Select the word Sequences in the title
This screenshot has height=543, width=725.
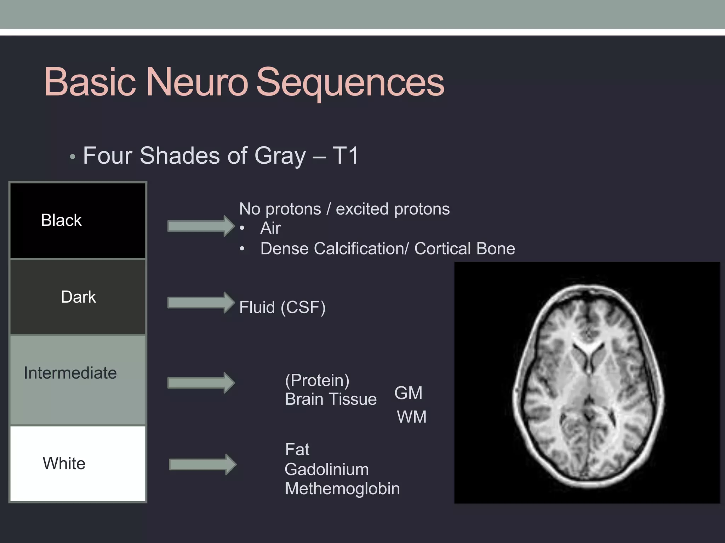[x=350, y=82]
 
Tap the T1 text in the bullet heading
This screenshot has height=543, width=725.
[x=346, y=156]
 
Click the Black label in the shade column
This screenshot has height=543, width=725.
[x=61, y=220]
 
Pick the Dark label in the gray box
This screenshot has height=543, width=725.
[x=78, y=297]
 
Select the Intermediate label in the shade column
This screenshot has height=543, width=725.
[x=70, y=373]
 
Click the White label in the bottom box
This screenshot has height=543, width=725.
[x=64, y=463]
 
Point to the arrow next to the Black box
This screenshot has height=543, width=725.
[x=201, y=226]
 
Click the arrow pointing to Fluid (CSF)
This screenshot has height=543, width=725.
[x=201, y=303]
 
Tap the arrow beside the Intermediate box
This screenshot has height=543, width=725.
[x=201, y=383]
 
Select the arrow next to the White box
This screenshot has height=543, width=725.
[x=202, y=464]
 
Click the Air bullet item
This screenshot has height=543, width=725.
[x=270, y=228]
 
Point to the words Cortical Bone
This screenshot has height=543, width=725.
[x=464, y=249]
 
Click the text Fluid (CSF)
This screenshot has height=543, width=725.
[x=282, y=307]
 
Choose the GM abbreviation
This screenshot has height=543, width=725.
[x=408, y=393]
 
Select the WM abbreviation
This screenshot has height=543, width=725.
[x=411, y=417]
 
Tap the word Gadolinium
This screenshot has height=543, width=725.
[x=326, y=469]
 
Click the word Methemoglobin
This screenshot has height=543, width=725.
[x=342, y=489]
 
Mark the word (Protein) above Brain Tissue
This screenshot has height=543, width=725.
[x=317, y=380]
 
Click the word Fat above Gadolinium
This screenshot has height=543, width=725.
[x=297, y=450]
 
